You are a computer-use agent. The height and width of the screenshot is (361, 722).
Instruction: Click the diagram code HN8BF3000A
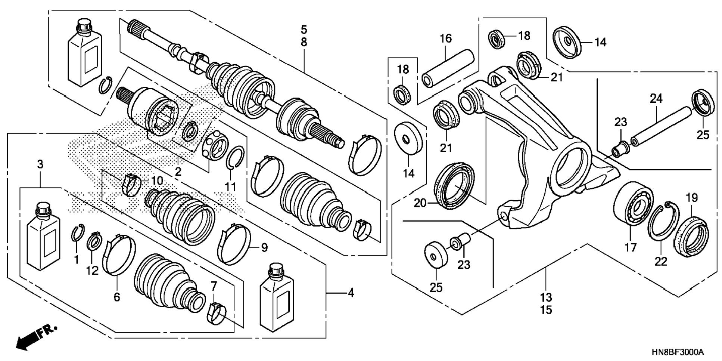[678, 352]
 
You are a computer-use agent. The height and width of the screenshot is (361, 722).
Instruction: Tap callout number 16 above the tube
[445, 38]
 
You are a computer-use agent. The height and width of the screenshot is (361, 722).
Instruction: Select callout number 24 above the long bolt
[656, 99]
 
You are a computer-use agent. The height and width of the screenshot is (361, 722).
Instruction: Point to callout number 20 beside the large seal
[420, 203]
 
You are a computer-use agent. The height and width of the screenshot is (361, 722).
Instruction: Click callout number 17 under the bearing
[631, 247]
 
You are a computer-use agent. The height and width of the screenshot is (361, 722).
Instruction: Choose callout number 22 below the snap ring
[660, 262]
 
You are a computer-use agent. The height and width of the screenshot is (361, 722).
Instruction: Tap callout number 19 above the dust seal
[692, 198]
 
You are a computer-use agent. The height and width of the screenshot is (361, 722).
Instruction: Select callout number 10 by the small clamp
[157, 181]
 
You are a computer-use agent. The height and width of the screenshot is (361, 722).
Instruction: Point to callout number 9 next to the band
[264, 248]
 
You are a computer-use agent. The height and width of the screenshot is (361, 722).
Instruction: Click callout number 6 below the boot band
[117, 297]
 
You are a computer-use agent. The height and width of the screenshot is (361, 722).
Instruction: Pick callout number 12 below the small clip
[92, 271]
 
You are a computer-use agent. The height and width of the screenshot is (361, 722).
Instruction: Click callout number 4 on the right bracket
[351, 293]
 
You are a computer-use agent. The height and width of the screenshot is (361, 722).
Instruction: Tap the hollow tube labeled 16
[448, 68]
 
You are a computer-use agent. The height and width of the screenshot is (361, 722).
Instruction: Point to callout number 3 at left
[40, 164]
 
